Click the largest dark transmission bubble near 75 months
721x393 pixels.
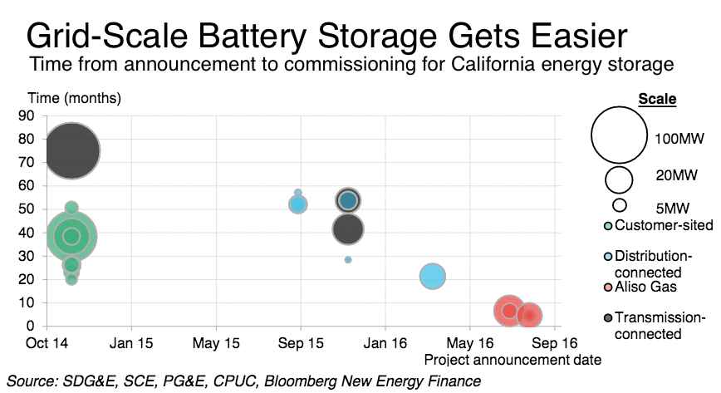71,150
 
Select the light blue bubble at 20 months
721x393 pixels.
433,276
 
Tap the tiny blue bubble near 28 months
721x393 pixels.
348,260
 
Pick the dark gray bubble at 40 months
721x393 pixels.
348,229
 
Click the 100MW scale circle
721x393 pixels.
619,135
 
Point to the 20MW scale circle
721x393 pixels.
619,179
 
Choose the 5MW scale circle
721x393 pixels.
620,204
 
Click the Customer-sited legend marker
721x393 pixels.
608,226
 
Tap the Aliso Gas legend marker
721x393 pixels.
608,287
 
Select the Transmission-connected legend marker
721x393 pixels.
608,318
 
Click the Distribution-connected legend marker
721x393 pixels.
608,257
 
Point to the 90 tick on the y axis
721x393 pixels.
27,115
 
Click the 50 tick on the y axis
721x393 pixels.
27,209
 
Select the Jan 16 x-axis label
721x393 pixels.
385,343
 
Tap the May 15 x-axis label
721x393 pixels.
216,343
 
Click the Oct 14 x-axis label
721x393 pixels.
47,343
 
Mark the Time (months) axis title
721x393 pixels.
75,98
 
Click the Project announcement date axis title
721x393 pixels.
513,360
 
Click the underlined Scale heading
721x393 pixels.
657,99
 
